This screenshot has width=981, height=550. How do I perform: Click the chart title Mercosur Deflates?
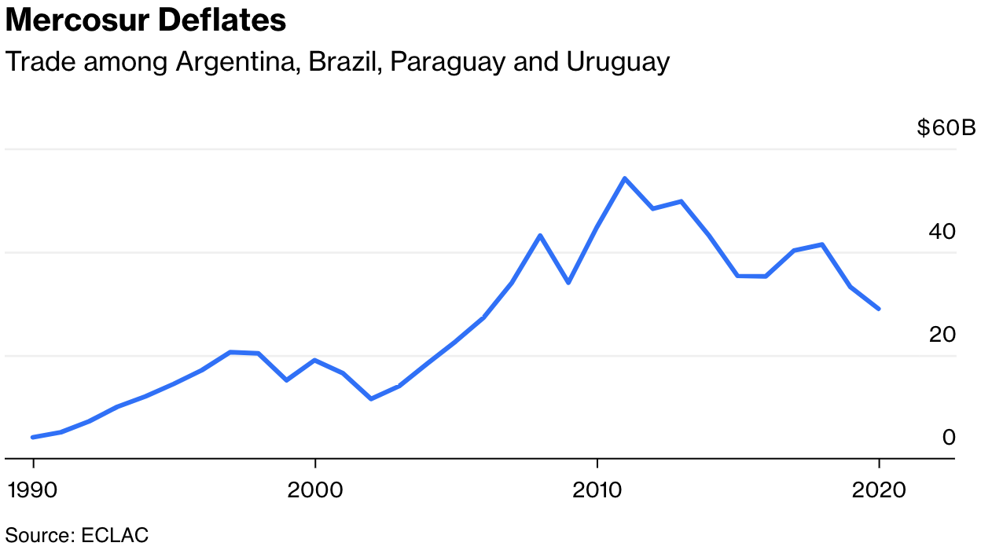click(146, 21)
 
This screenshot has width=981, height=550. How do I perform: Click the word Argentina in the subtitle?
click(236, 62)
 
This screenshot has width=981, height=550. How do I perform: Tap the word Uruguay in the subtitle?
click(618, 62)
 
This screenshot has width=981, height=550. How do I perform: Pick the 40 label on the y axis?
click(942, 232)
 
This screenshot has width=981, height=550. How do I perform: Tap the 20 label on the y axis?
click(942, 335)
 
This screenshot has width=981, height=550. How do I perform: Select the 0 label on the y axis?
click(949, 438)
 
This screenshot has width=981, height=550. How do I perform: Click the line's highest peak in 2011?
click(625, 178)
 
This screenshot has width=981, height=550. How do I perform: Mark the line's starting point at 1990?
click(33, 437)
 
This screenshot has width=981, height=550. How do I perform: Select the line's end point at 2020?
click(879, 309)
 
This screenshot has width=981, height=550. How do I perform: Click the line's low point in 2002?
click(371, 399)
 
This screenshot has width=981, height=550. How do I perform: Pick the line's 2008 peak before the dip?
click(540, 235)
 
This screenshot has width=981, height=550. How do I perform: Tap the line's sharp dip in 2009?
click(568, 282)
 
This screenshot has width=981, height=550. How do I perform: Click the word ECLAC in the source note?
click(115, 536)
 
